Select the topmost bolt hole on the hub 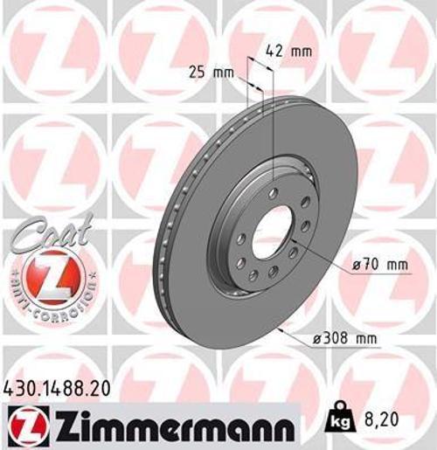(x=274, y=191)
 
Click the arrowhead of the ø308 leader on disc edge (x=279, y=330)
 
